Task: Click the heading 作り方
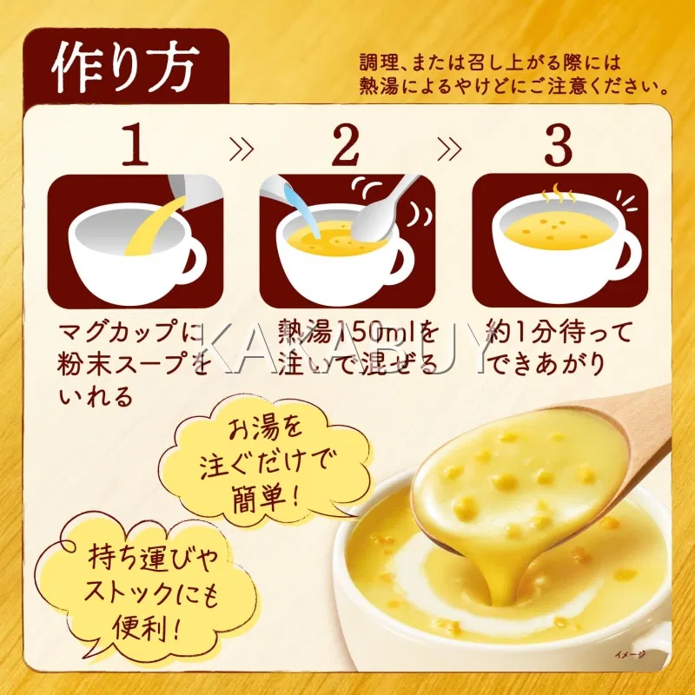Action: click(125, 67)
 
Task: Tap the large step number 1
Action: click(136, 144)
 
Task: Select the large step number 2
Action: click(346, 144)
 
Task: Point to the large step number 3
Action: click(558, 144)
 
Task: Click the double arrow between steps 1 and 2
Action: click(242, 149)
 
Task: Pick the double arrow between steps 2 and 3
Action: click(449, 149)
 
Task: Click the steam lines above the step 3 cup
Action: click(558, 193)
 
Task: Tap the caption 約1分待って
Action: click(558, 332)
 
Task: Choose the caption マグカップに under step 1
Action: click(132, 332)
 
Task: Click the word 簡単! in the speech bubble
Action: click(267, 498)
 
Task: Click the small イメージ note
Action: click(630, 654)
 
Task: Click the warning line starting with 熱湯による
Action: click(514, 86)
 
